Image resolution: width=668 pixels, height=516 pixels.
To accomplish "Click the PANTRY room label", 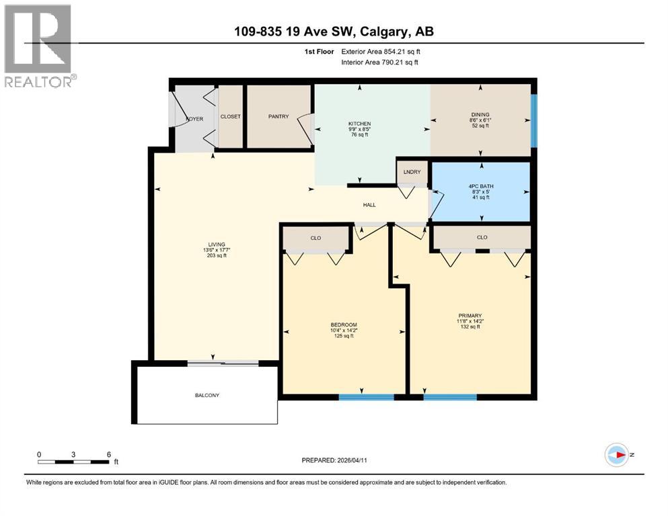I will (x=279, y=117).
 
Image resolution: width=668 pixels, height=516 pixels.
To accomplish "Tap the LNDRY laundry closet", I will (x=412, y=172).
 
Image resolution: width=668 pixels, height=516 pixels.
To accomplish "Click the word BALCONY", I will (x=207, y=395).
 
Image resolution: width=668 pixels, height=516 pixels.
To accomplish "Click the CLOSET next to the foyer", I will (x=231, y=117).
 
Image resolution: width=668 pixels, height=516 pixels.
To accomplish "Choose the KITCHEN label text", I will (x=359, y=124).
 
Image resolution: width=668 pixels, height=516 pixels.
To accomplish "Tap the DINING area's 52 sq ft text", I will (x=480, y=126).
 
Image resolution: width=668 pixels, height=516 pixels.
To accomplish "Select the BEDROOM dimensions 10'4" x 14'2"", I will (x=343, y=331).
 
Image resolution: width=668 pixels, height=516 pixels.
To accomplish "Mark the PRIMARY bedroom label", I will (x=470, y=315).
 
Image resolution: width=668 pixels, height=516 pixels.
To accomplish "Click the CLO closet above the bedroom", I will (x=316, y=237).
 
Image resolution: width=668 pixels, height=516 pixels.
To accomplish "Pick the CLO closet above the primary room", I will (x=482, y=237).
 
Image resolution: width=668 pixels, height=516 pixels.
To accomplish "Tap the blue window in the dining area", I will (x=534, y=120).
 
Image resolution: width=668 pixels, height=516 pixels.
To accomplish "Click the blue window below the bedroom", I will (x=366, y=397).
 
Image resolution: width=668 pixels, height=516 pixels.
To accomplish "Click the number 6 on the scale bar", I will (x=108, y=454).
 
